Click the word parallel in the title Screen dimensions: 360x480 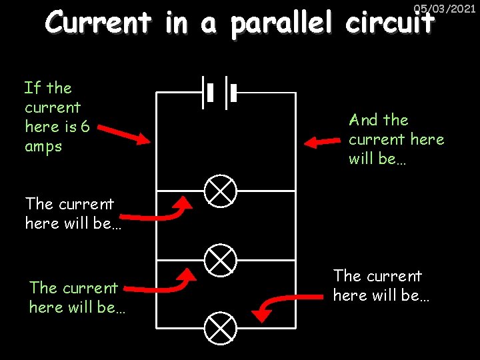coord(285,24)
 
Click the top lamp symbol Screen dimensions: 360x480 coord(220,191)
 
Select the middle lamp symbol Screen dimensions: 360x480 coord(220,259)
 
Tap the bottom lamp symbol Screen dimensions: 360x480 coord(220,327)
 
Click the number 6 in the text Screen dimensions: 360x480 coord(85,127)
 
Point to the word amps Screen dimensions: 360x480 coord(43,147)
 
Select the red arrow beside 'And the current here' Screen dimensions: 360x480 coord(321,141)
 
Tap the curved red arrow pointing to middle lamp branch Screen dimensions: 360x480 coord(160,283)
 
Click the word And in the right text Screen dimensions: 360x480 coord(363,120)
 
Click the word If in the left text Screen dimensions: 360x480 coord(32,88)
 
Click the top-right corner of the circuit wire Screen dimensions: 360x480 coord(295,93)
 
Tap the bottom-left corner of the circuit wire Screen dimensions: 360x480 coord(157,327)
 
